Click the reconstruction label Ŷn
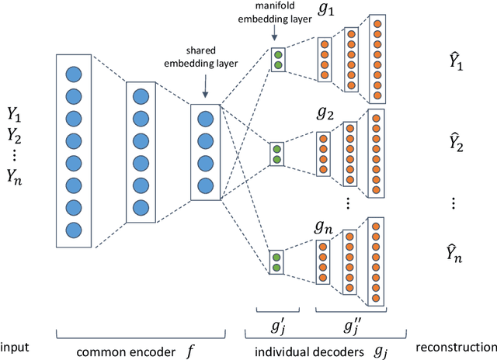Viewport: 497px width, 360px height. (456, 254)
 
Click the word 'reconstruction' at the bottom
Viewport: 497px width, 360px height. (456, 345)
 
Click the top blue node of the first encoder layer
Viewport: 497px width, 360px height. (74, 74)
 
